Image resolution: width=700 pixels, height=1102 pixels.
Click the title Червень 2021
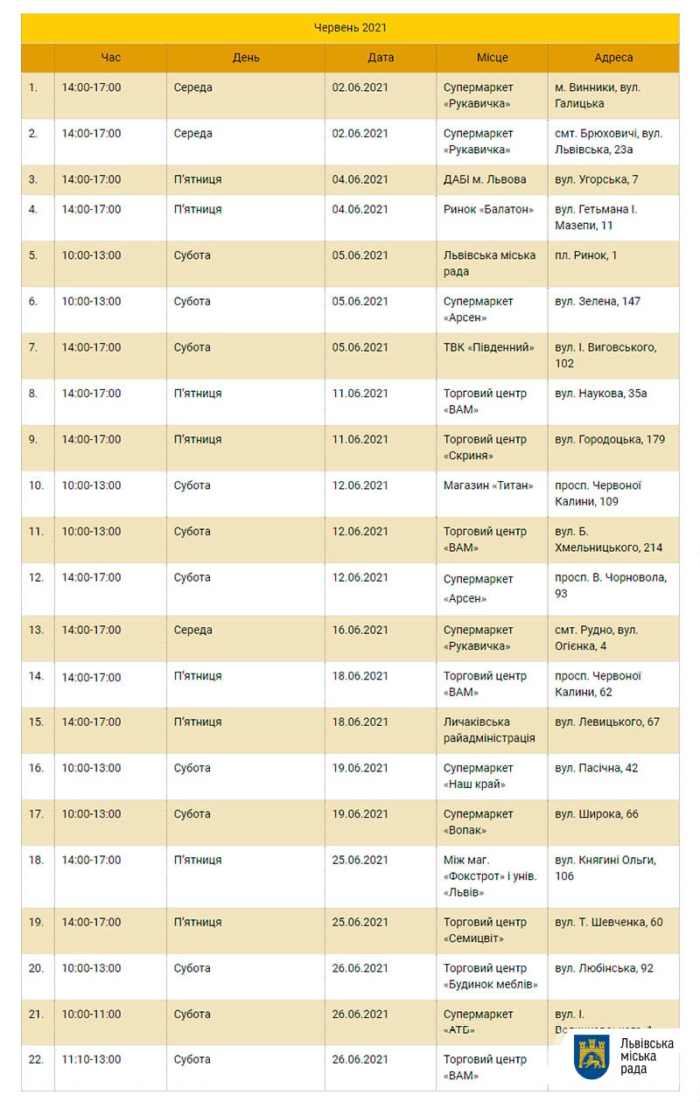350,28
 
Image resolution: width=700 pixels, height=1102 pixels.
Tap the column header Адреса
613,58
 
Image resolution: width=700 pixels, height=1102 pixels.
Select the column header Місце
492,58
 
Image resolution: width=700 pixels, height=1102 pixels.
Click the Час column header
111,58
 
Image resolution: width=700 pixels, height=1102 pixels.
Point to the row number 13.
36,631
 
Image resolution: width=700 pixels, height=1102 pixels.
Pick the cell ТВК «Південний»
489,347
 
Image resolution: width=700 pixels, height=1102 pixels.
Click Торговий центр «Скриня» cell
485,447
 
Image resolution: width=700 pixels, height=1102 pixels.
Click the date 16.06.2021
360,631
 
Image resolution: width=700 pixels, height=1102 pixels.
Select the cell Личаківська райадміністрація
489,730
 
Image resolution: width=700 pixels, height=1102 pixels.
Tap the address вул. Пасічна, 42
597,768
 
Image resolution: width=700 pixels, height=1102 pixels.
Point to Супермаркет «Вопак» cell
478,822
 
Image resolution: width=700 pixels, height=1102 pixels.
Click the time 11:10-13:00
91,1059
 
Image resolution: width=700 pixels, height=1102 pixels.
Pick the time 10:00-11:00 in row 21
91,1015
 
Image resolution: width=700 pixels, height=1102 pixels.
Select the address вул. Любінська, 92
604,968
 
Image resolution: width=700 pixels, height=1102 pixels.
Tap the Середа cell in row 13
192,631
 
